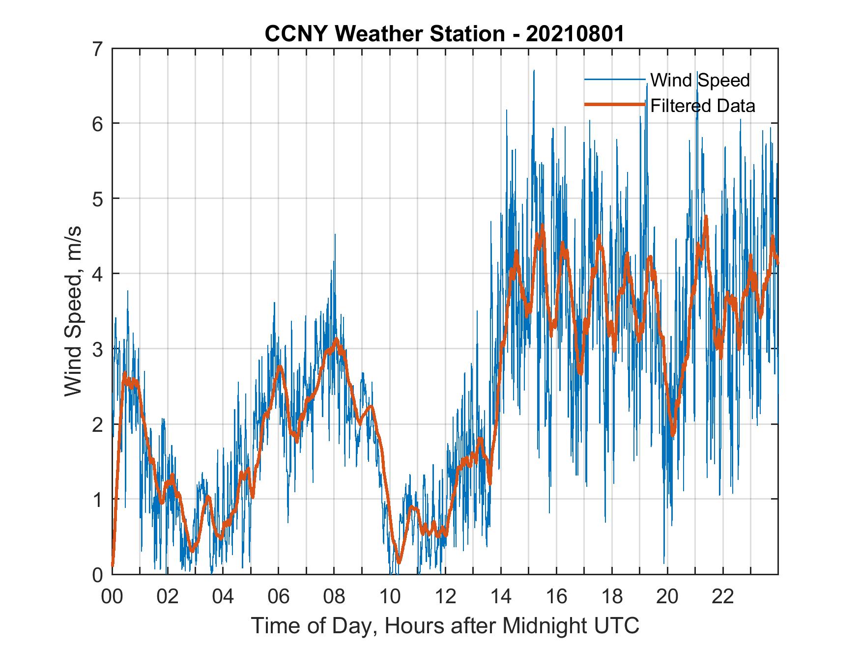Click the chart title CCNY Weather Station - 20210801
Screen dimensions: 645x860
point(445,34)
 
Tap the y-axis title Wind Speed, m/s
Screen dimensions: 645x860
point(73,311)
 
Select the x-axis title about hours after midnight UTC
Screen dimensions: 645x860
point(445,626)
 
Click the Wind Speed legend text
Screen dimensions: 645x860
point(700,80)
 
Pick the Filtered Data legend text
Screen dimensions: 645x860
point(703,106)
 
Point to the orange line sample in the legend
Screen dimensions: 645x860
point(614,105)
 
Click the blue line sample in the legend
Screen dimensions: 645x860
point(614,80)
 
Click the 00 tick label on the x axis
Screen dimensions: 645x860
point(112,597)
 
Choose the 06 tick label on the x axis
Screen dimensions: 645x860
point(279,597)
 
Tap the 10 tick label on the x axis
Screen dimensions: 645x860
point(390,597)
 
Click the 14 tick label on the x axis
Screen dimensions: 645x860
point(501,597)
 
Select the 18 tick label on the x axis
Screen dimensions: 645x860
point(612,597)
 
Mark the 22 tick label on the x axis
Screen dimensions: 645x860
point(723,597)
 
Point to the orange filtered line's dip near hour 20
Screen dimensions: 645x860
point(673,434)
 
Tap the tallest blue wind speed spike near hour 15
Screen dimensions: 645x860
point(534,71)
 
